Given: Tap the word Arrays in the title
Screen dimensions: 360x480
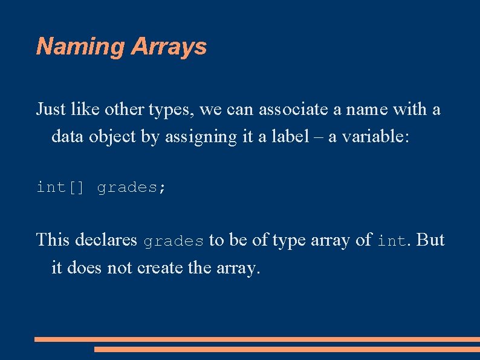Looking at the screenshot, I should click(169, 47).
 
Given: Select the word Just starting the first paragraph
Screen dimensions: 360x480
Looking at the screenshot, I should click(51, 110).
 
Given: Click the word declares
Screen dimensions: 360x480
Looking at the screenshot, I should click(106, 240).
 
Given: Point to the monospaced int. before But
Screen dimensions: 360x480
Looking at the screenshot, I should click(394, 241).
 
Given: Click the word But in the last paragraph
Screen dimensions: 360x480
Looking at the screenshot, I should click(430, 240).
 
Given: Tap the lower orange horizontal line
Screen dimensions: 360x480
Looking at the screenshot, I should click(287, 349).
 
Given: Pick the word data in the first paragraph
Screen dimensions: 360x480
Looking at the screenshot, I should click(66, 136).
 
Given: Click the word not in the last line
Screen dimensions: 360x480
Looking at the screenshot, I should click(118, 267).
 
